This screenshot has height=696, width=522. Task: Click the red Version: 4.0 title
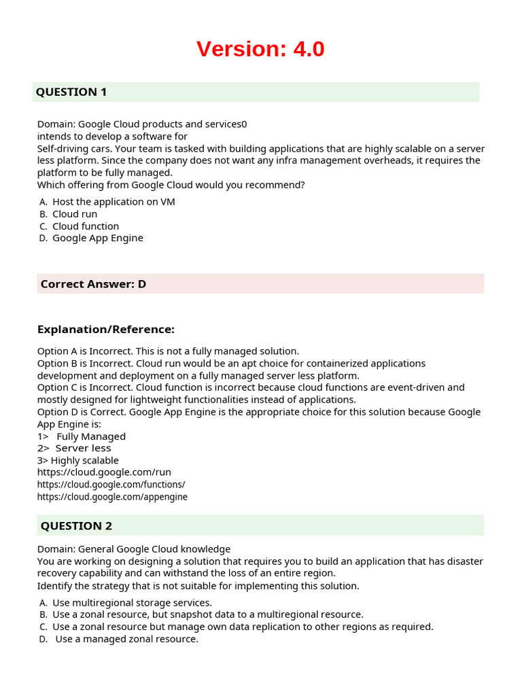point(260,49)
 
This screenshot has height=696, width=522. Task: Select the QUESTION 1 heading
point(71,92)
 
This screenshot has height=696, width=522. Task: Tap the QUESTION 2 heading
point(76,525)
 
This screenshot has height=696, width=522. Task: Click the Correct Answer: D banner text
point(93,284)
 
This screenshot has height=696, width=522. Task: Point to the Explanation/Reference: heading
point(105,330)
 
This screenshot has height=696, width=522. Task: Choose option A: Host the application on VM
point(114,202)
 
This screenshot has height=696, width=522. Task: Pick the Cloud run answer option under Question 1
point(75,214)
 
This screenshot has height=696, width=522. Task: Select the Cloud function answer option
point(86,226)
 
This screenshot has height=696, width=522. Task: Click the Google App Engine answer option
point(98,238)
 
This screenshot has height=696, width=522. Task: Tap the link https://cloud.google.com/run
point(104,472)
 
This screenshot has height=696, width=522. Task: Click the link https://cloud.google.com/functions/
point(111,485)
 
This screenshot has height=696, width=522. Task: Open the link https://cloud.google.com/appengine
point(112,497)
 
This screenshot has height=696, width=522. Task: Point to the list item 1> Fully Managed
point(82,436)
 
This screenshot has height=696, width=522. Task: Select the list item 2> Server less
point(74,449)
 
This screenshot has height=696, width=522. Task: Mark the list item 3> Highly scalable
point(78,461)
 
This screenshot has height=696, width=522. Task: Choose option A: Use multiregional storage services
point(132,603)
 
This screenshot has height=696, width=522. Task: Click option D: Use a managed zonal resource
point(126,639)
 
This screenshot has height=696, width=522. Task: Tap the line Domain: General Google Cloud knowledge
point(134,549)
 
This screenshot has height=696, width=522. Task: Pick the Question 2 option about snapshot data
point(207,614)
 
